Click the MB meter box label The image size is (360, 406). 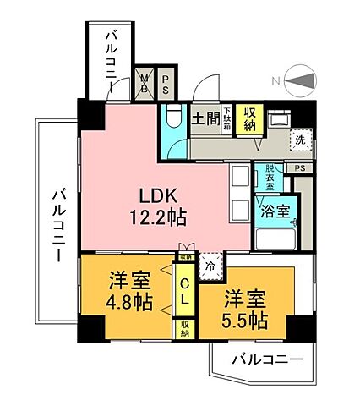[145, 82]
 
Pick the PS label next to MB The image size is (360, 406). [166, 82]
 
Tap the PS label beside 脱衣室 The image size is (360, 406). [300, 168]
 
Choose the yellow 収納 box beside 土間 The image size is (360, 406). [249, 119]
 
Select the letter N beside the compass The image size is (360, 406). [277, 81]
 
